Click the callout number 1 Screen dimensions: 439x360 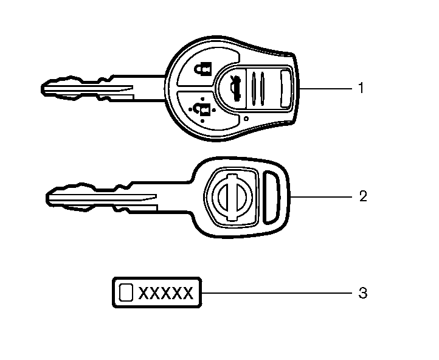[361, 88]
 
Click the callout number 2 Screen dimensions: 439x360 [363, 196]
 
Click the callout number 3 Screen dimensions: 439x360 [363, 293]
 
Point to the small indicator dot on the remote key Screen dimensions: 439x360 [246, 119]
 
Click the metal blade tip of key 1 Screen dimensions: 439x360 [43, 89]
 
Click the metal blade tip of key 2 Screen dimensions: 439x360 [47, 198]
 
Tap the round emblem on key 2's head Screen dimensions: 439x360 [232, 197]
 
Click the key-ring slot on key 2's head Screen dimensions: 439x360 [272, 198]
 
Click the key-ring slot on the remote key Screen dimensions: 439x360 [286, 89]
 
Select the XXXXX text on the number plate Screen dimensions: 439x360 [166, 293]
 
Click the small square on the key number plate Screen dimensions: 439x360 [126, 292]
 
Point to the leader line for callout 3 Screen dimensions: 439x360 [277, 293]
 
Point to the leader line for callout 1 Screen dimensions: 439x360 [326, 88]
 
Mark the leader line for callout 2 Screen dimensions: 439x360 [321, 197]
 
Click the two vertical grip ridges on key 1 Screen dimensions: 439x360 [258, 89]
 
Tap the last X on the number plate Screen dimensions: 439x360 [188, 293]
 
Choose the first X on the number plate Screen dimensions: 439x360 [143, 293]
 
